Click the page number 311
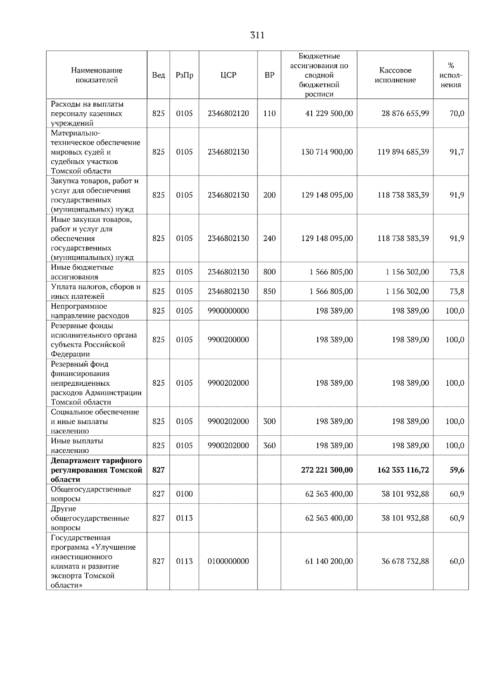point(257,35)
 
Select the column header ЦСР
point(228,75)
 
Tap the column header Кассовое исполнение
point(395,75)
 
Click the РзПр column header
point(184,75)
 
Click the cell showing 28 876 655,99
point(405,114)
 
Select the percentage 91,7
point(457,152)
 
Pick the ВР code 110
point(269,114)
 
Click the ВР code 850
point(269,291)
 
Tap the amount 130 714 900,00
point(327,152)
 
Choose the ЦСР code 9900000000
point(228,311)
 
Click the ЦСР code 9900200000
point(228,339)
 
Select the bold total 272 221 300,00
point(327,470)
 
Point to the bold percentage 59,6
point(457,470)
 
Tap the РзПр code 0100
point(184,494)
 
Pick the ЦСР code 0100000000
point(228,561)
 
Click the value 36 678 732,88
point(405,561)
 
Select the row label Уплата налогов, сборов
point(96,287)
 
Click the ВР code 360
point(269,446)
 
